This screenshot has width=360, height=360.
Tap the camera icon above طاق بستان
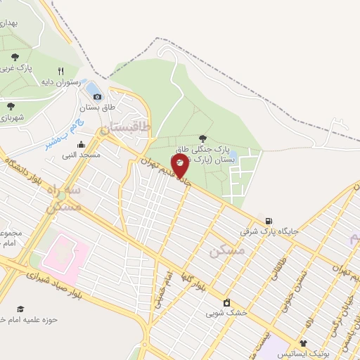tap(97, 96)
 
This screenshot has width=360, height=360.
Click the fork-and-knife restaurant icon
tap(60, 71)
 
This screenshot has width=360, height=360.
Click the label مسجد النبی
tap(82, 154)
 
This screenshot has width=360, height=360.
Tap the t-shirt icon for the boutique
tap(303, 344)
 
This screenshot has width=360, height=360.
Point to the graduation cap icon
tap(20, 309)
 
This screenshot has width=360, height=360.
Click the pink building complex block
tap(64, 254)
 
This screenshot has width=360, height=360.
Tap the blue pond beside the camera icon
tap(92, 88)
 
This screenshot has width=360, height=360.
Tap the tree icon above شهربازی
tap(10, 105)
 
